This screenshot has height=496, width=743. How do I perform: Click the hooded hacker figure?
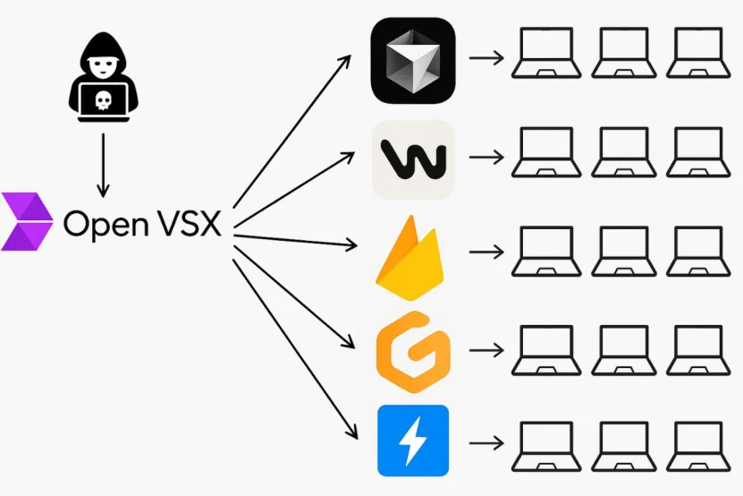tap(104, 77)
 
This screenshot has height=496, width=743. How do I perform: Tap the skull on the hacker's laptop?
tap(104, 100)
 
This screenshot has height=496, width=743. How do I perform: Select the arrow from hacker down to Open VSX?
tap(103, 165)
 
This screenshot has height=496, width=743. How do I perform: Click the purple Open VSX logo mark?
tap(27, 221)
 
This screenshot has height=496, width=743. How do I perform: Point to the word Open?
tap(106, 225)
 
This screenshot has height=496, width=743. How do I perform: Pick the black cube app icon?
tap(413, 60)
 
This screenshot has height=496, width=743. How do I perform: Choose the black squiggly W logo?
tap(413, 159)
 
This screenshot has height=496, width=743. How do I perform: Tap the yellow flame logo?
tap(410, 258)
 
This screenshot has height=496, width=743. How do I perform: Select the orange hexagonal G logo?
tap(413, 352)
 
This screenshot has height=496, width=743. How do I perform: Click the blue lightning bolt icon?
tap(413, 440)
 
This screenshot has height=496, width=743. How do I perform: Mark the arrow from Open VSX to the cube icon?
tap(291, 131)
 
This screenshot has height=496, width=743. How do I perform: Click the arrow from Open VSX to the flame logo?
tap(295, 240)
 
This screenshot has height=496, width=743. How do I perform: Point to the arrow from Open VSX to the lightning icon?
tap(295, 349)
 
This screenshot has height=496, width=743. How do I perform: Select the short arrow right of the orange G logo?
tap(486, 350)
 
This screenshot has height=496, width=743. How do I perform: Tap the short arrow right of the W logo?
tap(486, 157)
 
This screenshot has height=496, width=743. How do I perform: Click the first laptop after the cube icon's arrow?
tap(546, 53)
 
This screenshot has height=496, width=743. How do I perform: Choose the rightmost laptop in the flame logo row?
tap(698, 252)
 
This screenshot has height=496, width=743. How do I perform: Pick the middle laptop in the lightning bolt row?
tap(623, 446)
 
